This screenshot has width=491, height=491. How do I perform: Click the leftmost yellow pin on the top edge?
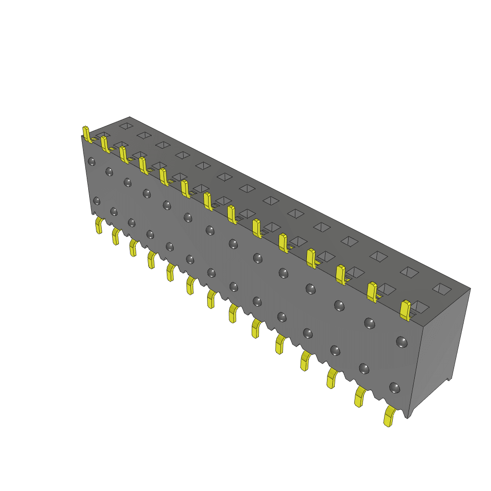tap(86, 134)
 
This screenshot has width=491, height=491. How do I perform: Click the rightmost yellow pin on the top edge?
tap(406, 310)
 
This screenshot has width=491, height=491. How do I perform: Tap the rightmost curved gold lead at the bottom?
tap(389, 417)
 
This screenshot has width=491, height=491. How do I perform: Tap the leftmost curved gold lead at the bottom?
tap(99, 225)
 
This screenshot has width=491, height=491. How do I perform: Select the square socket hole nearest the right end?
tap(442, 288)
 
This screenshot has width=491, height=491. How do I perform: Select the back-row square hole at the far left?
tap(126, 126)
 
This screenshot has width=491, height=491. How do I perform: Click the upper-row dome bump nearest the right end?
tap(401, 342)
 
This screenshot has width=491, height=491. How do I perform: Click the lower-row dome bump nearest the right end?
tap(395, 387)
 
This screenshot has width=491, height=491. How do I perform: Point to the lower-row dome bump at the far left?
tap(97, 200)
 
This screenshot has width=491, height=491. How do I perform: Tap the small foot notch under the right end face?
tap(449, 379)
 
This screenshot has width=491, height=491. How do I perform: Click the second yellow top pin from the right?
tap(372, 292)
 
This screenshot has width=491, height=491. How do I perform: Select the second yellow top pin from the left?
tap(105, 144)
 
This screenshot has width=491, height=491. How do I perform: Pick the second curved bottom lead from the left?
tap(116, 236)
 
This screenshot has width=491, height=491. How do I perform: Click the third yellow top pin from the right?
tap(340, 274)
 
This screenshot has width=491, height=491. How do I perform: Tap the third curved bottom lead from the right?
tap(331, 378)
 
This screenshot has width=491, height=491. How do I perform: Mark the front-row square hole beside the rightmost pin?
tap(421, 306)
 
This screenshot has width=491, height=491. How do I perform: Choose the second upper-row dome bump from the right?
tap(369, 323)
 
